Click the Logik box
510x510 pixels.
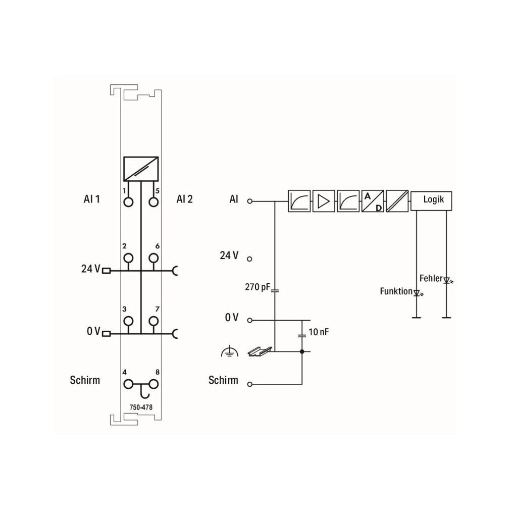[431, 200]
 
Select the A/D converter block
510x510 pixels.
[373, 201]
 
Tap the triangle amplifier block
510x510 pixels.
[324, 201]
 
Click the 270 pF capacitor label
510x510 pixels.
[258, 287]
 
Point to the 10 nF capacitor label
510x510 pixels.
[319, 332]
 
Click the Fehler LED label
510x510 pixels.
[431, 278]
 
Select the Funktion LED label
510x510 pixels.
[396, 291]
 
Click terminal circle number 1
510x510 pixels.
[128, 202]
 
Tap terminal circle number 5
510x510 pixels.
[154, 202]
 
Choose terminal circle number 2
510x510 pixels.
[128, 258]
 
